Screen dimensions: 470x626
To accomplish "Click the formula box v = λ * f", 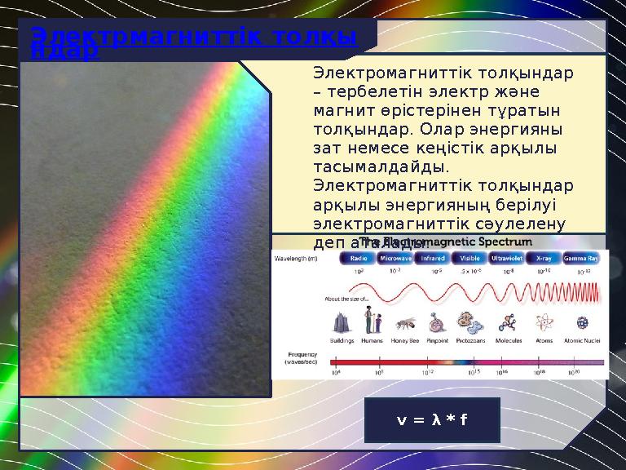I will point(431,420).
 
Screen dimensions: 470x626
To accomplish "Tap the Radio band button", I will point(357,258).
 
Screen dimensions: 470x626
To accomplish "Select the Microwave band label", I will point(395,258).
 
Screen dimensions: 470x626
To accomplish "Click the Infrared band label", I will point(432,258).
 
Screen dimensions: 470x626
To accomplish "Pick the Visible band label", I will point(470,258).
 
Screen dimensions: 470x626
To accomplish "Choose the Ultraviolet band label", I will point(507,258).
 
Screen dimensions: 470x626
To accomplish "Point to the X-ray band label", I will point(544,258).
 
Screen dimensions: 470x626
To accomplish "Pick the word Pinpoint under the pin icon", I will point(438,340).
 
